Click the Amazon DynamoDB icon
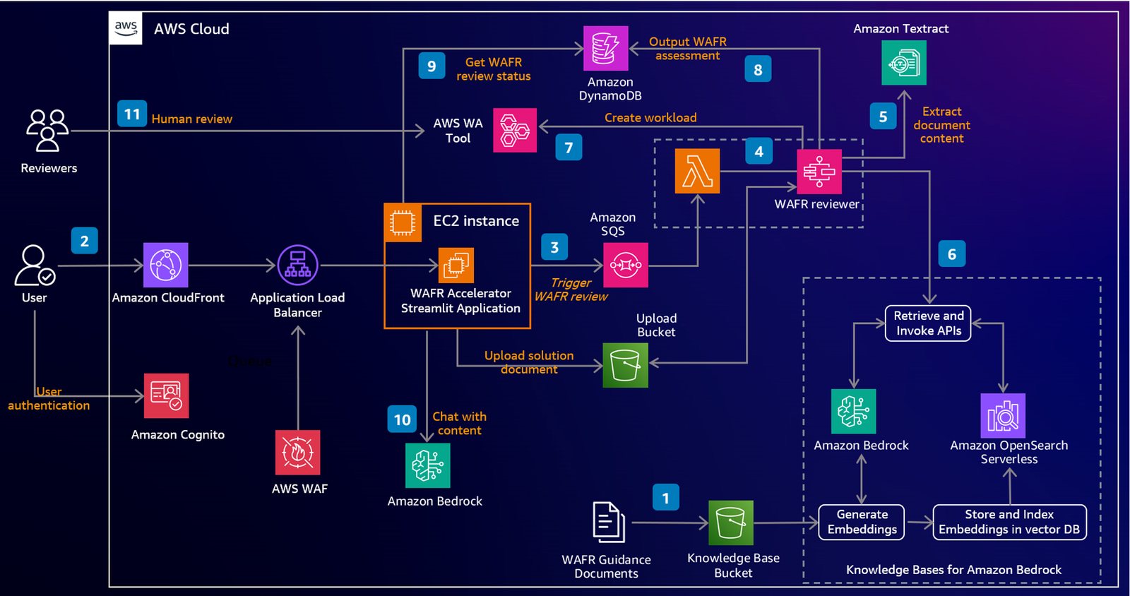point(606,49)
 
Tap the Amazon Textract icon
point(904,63)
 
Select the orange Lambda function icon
point(697,171)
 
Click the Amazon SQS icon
point(626,265)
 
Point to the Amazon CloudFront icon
point(165,265)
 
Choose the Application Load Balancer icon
point(297,265)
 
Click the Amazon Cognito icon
point(167,396)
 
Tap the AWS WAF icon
point(297,452)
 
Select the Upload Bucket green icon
point(626,365)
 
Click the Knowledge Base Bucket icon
point(731,523)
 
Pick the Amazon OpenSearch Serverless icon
point(1003,415)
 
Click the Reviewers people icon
point(47,130)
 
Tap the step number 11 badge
point(132,114)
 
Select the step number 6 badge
point(952,254)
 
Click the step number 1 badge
point(666,498)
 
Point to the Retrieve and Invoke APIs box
point(928,323)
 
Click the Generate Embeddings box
point(862,522)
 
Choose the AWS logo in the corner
point(126,28)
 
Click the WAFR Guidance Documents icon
point(609,523)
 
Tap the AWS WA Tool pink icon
point(515,130)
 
